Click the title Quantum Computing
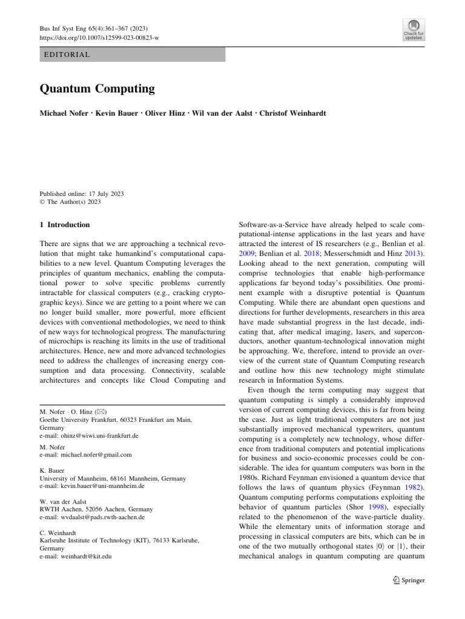(x=97, y=89)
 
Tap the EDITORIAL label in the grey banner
(x=67, y=55)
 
